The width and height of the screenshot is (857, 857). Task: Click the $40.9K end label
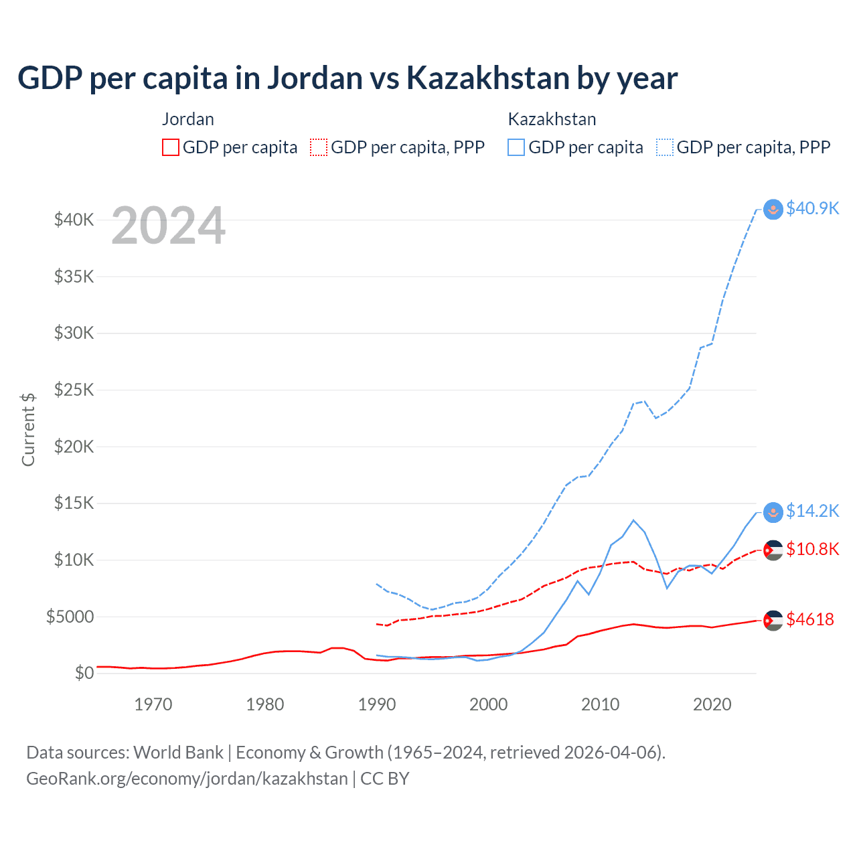812,208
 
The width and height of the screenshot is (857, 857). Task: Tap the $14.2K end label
812,511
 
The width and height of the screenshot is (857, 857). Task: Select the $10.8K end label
812,549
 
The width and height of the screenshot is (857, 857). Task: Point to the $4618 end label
810,619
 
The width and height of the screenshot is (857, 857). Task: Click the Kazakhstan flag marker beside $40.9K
773,210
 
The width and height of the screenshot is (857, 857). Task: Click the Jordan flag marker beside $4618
773,620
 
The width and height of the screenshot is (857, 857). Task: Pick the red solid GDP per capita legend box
171,147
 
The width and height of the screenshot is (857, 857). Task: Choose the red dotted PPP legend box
319,147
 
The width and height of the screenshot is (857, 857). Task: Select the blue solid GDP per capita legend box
516,147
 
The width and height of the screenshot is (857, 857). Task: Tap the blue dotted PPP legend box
665,147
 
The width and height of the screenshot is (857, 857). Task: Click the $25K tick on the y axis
74,390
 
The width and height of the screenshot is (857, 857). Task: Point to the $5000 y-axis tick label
70,617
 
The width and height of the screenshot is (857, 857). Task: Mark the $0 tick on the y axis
84,673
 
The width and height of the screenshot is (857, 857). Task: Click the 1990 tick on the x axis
377,704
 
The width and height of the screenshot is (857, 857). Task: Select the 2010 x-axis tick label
601,704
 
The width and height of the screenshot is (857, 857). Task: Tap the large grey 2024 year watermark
168,226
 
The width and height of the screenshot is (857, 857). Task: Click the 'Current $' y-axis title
28,429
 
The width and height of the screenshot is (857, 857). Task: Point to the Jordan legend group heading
188,119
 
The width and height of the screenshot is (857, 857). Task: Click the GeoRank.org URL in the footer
187,779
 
